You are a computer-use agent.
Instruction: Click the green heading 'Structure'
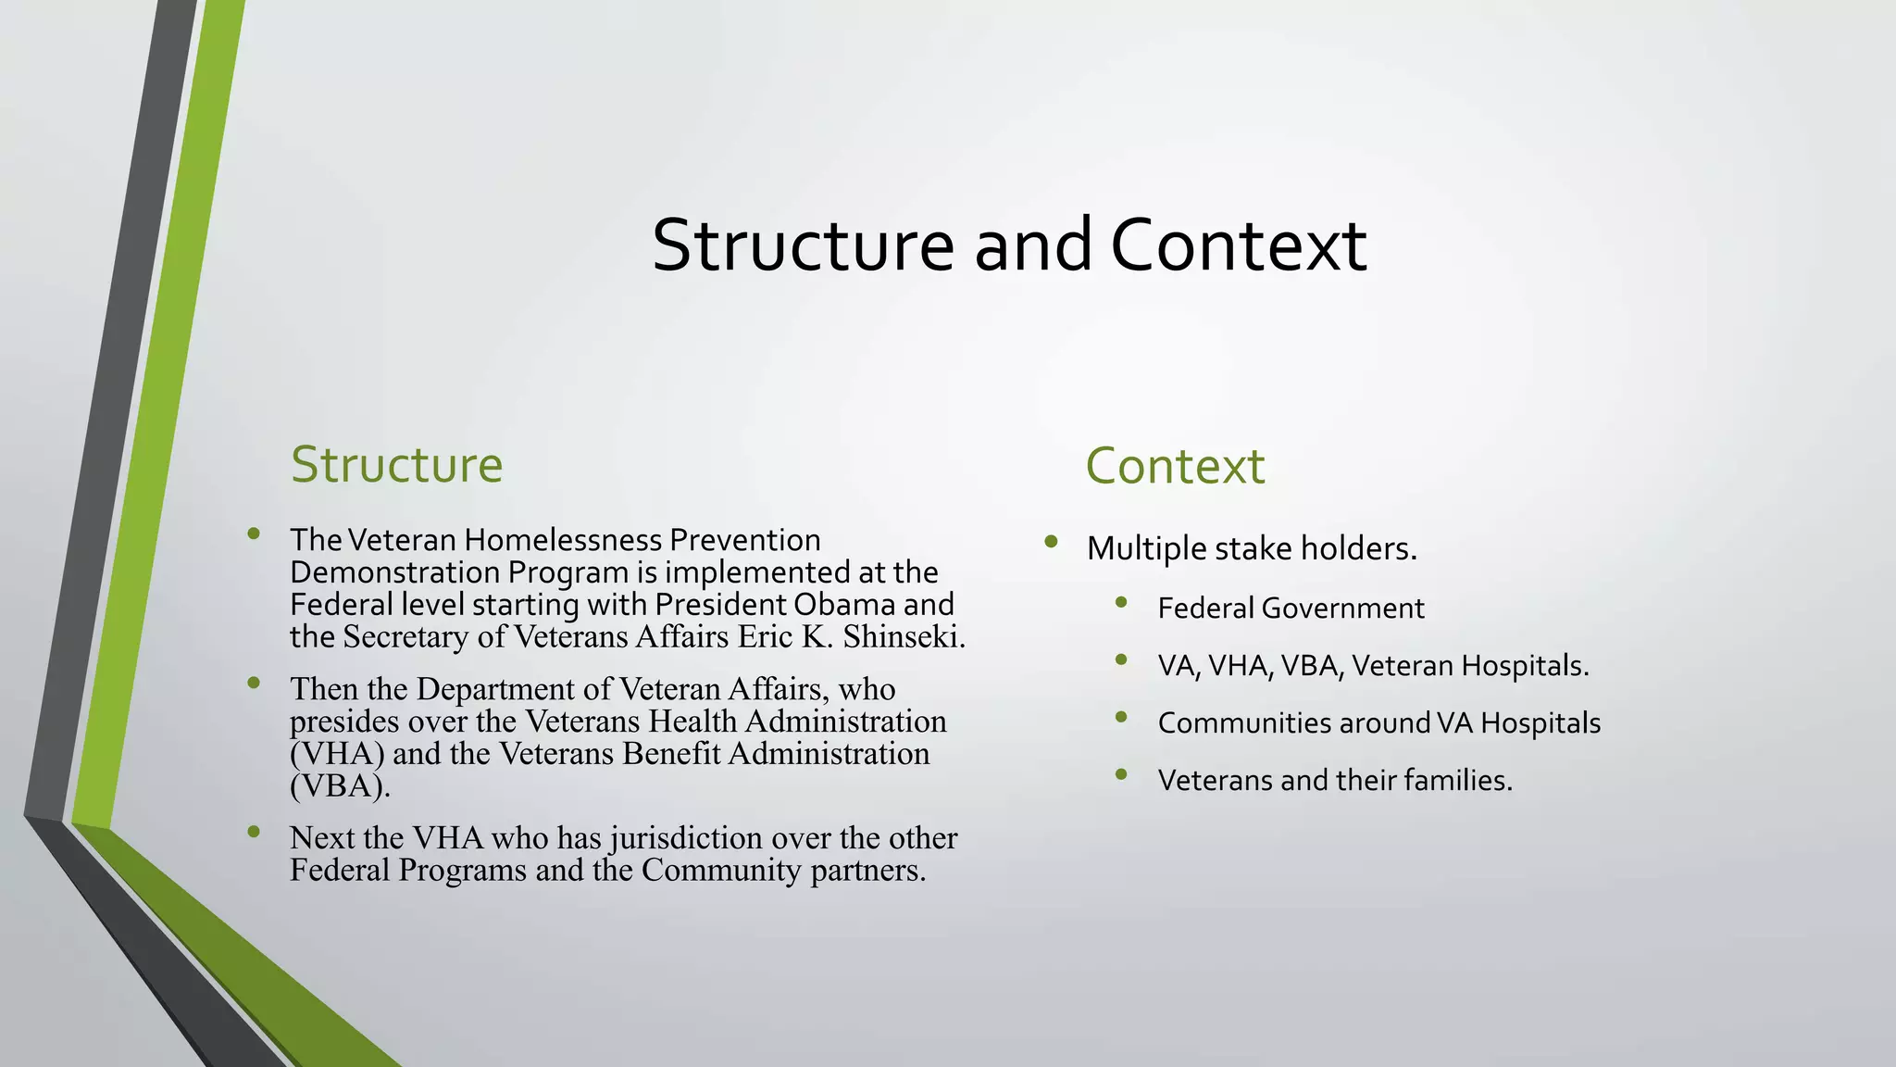[x=396, y=465]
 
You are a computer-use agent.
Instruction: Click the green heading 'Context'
[x=1174, y=466]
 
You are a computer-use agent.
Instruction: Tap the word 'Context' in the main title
[x=1238, y=245]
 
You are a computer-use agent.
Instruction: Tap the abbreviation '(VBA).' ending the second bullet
[x=340, y=786]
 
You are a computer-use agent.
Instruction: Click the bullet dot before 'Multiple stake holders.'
[x=1050, y=542]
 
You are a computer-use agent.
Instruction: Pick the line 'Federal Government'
[x=1291, y=609]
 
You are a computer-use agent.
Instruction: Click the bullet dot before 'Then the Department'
[x=254, y=683]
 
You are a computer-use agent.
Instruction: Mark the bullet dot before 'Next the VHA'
[x=254, y=832]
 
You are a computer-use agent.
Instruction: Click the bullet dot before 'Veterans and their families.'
[x=1121, y=774]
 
